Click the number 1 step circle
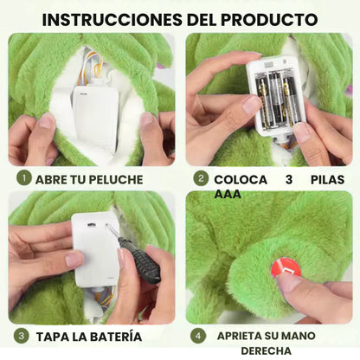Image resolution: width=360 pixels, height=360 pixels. coord(23,179)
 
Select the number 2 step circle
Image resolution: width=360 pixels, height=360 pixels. coord(201,179)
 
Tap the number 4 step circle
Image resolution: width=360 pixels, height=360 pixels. coord(199,335)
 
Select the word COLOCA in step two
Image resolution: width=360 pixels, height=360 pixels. coord(241,179)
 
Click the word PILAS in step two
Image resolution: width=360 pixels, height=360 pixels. coord(326,179)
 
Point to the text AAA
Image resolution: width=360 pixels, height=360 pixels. coord(228,194)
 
